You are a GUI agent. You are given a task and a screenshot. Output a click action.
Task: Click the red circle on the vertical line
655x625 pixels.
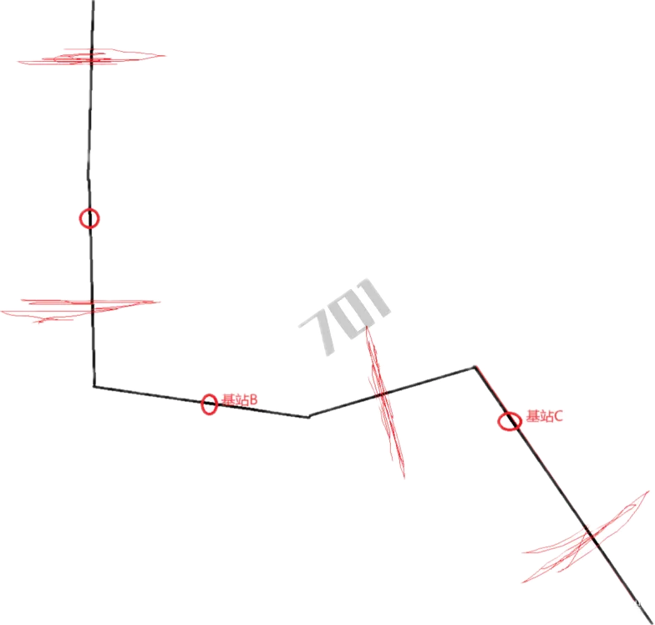pos(89,218)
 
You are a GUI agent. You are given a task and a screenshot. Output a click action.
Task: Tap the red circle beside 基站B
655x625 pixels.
pos(209,404)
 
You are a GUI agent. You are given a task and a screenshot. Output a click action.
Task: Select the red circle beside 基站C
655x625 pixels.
pos(509,421)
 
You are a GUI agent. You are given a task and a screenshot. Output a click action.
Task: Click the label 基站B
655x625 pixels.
pos(240,400)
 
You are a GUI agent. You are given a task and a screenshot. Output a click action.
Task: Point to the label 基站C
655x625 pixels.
pos(546,416)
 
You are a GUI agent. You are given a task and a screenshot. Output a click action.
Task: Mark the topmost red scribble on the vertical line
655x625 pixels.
pos(92,57)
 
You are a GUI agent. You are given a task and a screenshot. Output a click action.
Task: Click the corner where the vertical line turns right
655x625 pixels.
pos(94,386)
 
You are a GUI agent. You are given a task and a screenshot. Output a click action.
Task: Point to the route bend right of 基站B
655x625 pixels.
pos(307,414)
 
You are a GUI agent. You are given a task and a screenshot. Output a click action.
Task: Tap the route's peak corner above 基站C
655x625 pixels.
pos(475,365)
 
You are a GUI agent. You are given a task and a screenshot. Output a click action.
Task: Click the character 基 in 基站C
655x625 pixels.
pos(532,416)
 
